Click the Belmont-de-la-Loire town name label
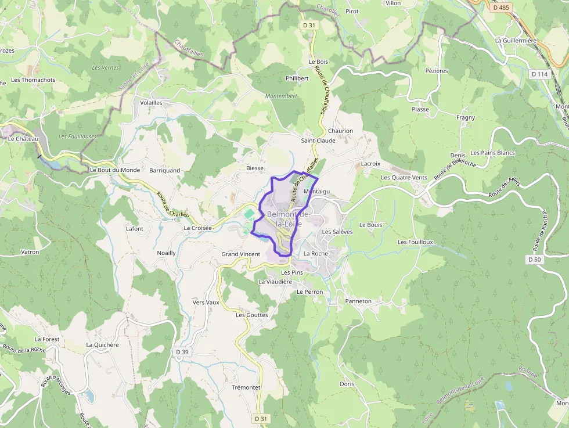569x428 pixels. [x=289, y=219]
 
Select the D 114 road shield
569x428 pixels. [x=539, y=74]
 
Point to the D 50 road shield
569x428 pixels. [x=535, y=260]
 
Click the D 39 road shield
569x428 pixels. [x=182, y=352]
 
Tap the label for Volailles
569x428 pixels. [x=152, y=102]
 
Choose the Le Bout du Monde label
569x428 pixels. [x=115, y=170]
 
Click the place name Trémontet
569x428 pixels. [x=246, y=387]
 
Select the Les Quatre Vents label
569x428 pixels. [x=404, y=178]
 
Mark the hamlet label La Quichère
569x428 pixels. [x=102, y=344]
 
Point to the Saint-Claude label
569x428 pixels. [x=318, y=141]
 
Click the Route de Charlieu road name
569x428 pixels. [x=172, y=205]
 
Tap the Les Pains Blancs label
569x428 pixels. [x=492, y=153]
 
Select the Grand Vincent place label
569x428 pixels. [x=241, y=254]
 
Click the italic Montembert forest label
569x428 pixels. [x=281, y=96]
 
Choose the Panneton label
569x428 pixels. [x=358, y=301]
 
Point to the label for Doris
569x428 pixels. [x=347, y=384]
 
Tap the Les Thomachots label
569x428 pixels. [x=33, y=80]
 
